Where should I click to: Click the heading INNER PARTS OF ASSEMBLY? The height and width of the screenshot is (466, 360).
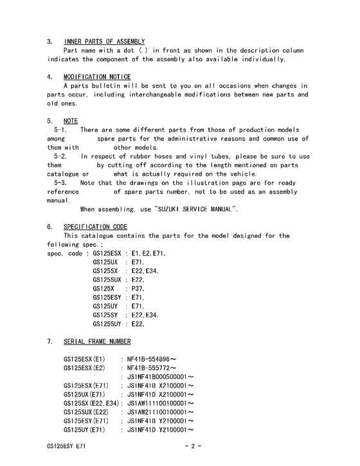(104, 42)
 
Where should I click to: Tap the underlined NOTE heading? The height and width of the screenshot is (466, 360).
(71, 121)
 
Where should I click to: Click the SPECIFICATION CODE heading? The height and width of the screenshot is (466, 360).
(95, 227)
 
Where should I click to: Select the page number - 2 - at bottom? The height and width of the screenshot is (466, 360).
(193, 445)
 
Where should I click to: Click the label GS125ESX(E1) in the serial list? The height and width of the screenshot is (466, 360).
(84, 358)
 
